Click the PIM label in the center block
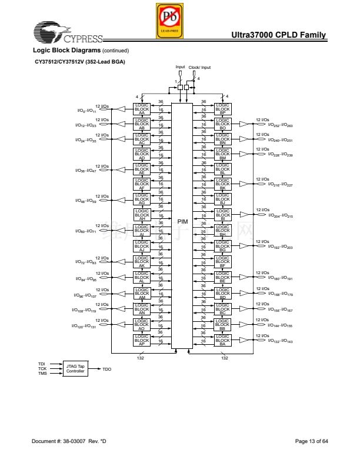click(182, 221)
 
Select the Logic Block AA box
click(142, 108)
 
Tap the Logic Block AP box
click(142, 340)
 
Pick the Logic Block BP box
click(222, 108)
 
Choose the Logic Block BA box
click(222, 340)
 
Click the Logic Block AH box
click(142, 215)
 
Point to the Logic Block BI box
click(222, 215)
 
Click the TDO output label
click(106, 369)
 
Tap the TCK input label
click(42, 368)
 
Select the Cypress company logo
click(68, 34)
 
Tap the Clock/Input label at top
click(199, 68)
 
